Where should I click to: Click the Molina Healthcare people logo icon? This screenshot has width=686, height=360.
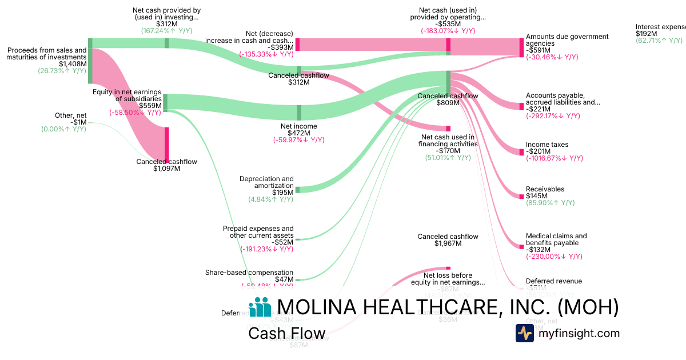[x=260, y=307]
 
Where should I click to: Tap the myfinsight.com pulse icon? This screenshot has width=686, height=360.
[x=524, y=333]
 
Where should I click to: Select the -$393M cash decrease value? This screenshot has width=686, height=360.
[x=282, y=47]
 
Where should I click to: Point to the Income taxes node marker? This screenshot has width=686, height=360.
[x=521, y=152]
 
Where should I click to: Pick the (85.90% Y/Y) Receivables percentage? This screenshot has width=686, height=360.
[x=550, y=203]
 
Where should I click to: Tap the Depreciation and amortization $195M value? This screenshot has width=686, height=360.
[x=283, y=193]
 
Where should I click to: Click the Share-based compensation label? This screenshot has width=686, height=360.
[x=249, y=273]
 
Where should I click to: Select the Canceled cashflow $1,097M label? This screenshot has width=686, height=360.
[x=166, y=162]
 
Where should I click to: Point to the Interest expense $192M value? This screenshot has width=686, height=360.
[x=647, y=34]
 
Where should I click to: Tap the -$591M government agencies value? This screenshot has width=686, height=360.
[x=537, y=50]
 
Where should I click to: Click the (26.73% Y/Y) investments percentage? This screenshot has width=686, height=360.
[x=62, y=71]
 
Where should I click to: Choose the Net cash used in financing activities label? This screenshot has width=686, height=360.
[x=448, y=141]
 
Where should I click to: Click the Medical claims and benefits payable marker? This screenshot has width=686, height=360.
[x=521, y=247]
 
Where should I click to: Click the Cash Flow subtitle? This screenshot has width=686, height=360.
[x=286, y=333]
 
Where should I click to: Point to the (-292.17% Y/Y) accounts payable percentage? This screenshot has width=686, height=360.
[x=553, y=116]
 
